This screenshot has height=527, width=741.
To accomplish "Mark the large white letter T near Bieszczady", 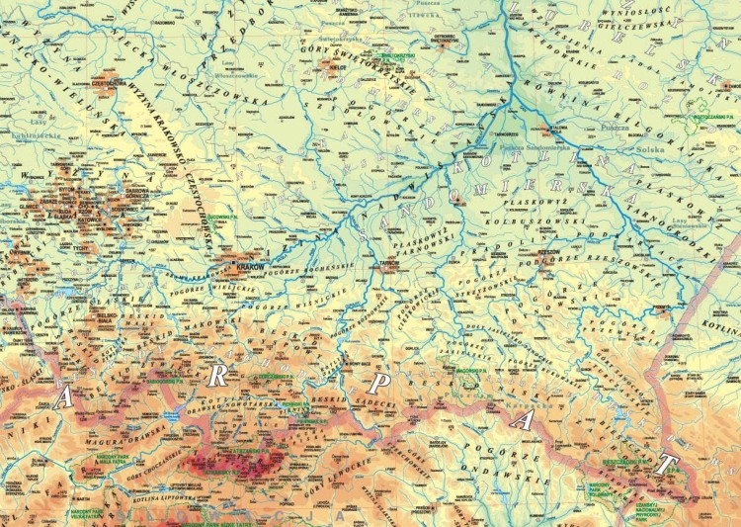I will coord(671,463).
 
